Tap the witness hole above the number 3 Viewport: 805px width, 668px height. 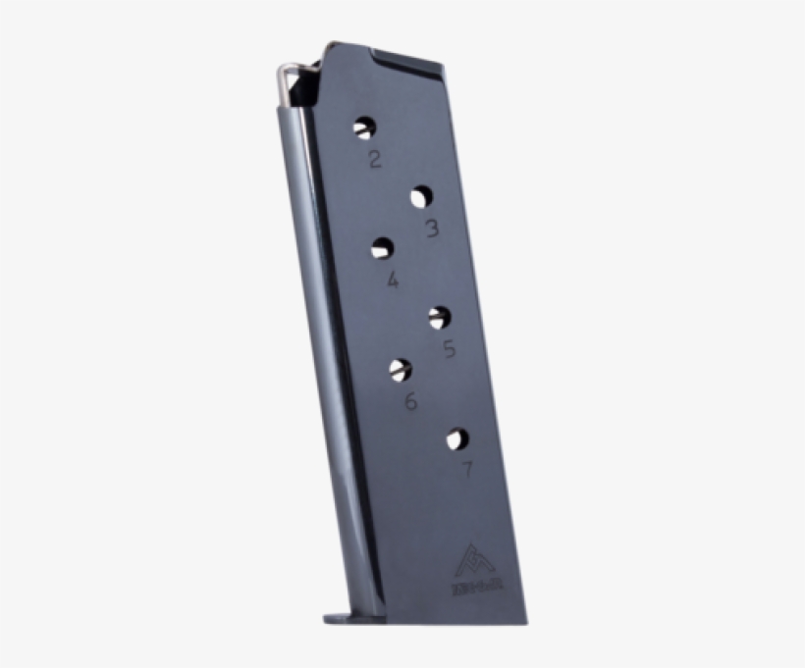click(421, 197)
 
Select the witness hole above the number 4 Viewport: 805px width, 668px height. click(382, 249)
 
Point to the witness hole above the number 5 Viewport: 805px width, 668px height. click(439, 316)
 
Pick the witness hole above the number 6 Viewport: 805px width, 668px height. click(400, 369)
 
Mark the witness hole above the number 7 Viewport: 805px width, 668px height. click(456, 438)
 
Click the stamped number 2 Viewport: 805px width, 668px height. click(375, 159)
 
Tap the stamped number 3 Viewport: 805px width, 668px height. click(432, 230)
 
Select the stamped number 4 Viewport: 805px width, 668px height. click(393, 281)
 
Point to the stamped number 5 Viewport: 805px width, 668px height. click(450, 348)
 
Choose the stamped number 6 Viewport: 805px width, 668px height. click(410, 400)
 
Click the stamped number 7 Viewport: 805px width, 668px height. click(467, 470)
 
